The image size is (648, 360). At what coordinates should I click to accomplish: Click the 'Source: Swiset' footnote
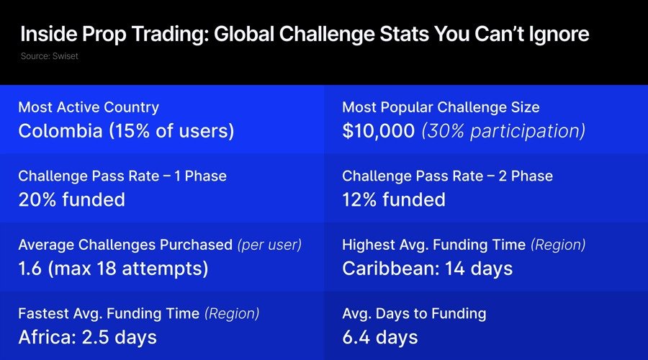pyautogui.click(x=50, y=56)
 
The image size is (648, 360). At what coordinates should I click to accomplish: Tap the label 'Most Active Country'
pyautogui.click(x=89, y=107)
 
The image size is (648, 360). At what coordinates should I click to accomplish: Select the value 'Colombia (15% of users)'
pyautogui.click(x=127, y=131)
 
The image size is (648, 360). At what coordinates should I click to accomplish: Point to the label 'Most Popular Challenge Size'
pyautogui.click(x=441, y=107)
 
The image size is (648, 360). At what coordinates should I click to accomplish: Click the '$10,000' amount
pyautogui.click(x=378, y=131)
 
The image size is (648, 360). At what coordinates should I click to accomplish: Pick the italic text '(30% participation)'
pyautogui.click(x=503, y=131)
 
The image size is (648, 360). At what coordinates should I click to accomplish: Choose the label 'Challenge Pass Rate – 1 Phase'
pyautogui.click(x=122, y=176)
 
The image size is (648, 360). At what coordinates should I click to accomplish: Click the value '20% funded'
pyautogui.click(x=71, y=199)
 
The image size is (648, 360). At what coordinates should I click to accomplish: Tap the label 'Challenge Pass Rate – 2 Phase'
pyautogui.click(x=447, y=176)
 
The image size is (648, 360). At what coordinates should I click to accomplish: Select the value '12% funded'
pyautogui.click(x=394, y=199)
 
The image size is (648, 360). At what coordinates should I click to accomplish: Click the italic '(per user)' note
pyautogui.click(x=269, y=245)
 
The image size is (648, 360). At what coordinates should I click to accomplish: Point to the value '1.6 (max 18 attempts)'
pyautogui.click(x=113, y=269)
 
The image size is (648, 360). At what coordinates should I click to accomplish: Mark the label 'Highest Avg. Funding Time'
pyautogui.click(x=434, y=245)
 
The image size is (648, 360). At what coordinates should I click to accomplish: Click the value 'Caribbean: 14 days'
pyautogui.click(x=427, y=269)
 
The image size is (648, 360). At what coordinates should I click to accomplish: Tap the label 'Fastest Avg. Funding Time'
pyautogui.click(x=109, y=313)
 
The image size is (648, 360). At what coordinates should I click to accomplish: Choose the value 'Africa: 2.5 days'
pyautogui.click(x=87, y=337)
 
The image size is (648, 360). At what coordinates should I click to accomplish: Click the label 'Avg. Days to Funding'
pyautogui.click(x=414, y=313)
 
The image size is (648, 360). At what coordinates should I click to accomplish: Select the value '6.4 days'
pyautogui.click(x=379, y=337)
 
